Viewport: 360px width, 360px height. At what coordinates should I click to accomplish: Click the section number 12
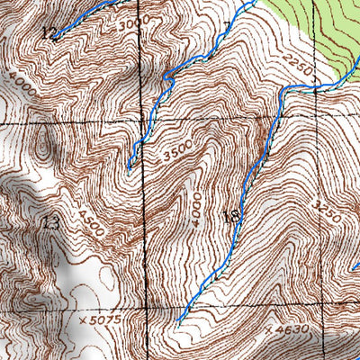(x=48, y=31)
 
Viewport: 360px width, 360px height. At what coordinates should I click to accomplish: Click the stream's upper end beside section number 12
(x=53, y=38)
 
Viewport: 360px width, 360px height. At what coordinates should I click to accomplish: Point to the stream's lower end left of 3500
(x=129, y=168)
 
